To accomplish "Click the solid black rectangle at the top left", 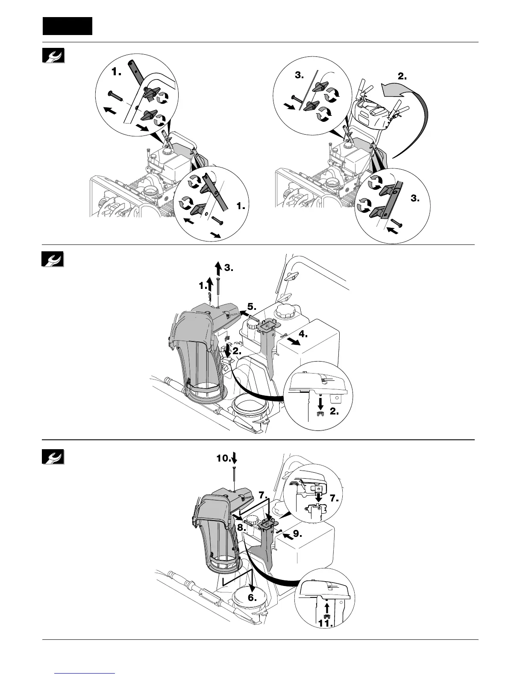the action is click(68, 26).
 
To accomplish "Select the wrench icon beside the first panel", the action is click(53, 56).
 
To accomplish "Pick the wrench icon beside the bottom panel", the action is click(53, 457).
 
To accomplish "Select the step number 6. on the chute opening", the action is click(253, 597).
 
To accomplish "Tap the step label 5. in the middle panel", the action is click(251, 307).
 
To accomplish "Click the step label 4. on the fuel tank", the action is click(303, 333).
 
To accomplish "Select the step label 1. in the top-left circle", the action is click(117, 72).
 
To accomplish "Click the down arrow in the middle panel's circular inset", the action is click(320, 402).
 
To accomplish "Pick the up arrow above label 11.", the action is click(326, 607).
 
